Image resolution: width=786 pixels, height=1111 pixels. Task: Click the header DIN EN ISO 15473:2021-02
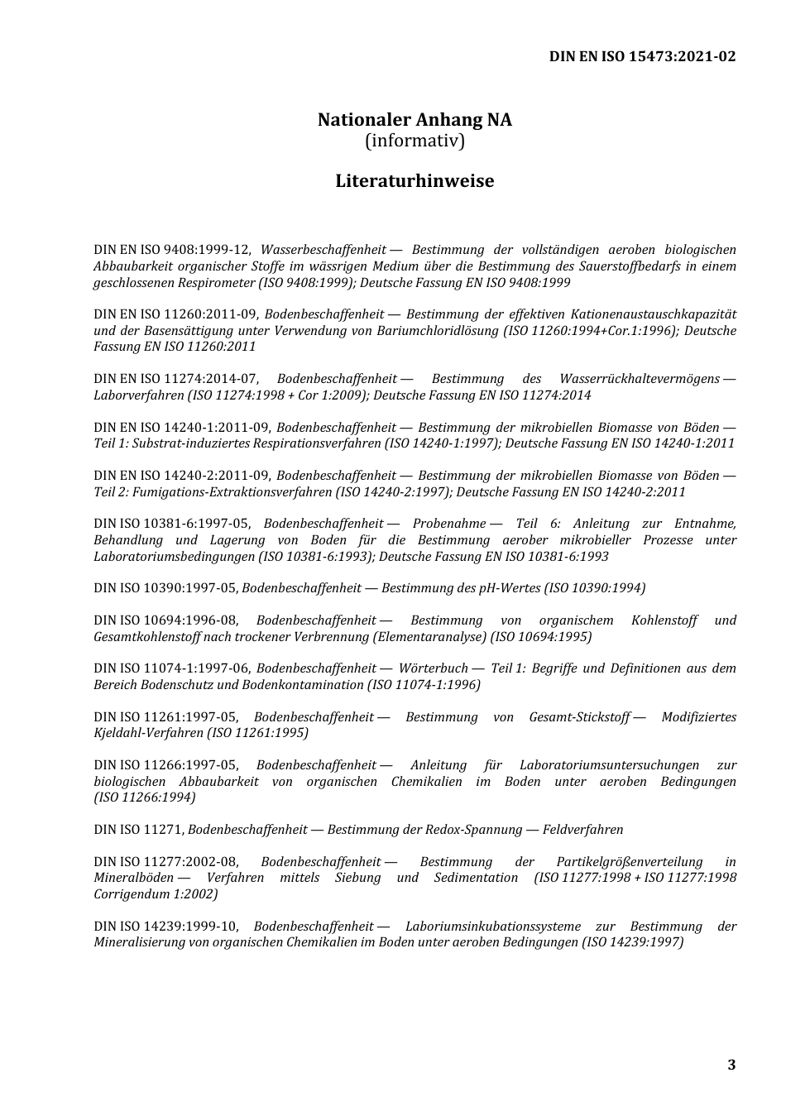click(642, 56)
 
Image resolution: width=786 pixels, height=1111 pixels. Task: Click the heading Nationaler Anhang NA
click(415, 120)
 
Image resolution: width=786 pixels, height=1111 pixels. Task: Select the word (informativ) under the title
click(415, 141)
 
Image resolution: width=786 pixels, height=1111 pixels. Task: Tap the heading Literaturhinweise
click(415, 180)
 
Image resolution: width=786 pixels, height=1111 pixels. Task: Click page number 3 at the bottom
click(731, 1065)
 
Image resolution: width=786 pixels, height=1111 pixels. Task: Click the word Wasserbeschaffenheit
click(324, 250)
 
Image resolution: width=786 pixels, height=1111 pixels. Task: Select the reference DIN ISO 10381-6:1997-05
click(172, 524)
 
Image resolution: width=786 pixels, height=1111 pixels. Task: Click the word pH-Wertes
click(509, 588)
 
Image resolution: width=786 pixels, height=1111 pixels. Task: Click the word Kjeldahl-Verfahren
click(148, 733)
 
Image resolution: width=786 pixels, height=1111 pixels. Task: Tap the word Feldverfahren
click(582, 830)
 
